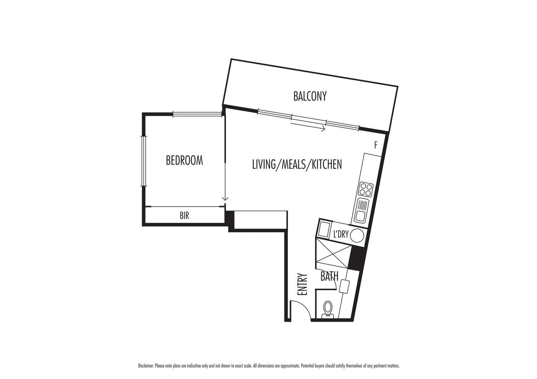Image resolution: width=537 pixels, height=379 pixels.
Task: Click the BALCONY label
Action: point(310,96)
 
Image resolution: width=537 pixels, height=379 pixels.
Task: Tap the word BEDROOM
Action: point(184,160)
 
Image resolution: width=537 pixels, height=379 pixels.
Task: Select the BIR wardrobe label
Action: point(184,215)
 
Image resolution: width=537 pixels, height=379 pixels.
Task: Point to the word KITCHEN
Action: point(327,164)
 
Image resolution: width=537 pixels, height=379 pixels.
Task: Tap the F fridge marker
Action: point(376,145)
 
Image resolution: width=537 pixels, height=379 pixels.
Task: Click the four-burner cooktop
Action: point(365,189)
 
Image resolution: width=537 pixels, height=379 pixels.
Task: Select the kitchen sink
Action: point(361,210)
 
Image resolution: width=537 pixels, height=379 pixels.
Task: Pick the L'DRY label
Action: point(341,234)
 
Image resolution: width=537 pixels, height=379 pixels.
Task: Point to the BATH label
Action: point(329,277)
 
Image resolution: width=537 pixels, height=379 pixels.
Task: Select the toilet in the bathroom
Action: point(328,309)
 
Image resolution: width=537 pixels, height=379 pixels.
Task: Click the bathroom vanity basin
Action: point(344,286)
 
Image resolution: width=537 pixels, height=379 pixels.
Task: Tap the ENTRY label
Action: point(302,284)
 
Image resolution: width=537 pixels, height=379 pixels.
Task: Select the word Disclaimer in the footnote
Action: point(146,366)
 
